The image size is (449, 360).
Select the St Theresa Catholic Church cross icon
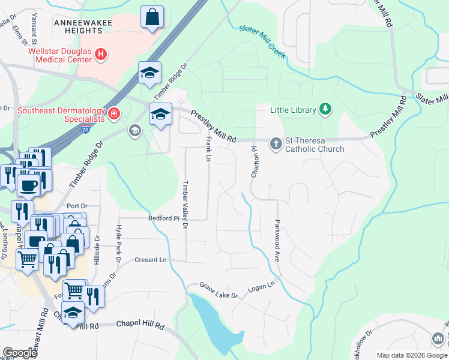[276, 143]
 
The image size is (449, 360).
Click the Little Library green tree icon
[325, 109]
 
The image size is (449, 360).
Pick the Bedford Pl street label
[164, 219]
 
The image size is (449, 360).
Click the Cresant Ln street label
[151, 260]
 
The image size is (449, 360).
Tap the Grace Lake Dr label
[218, 291]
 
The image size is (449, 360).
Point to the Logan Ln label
[262, 287]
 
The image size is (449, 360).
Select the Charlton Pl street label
[255, 161]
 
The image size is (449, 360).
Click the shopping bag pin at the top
[152, 17]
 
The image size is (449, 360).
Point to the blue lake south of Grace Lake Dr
[211, 324]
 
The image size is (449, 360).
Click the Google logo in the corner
[19, 353]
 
